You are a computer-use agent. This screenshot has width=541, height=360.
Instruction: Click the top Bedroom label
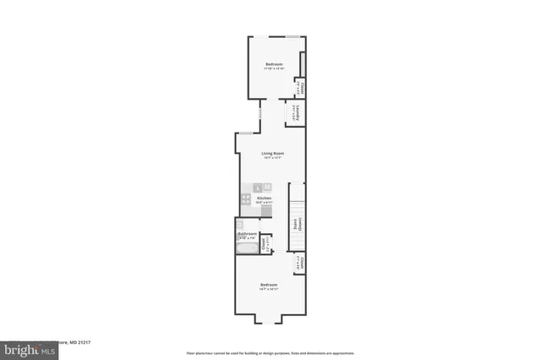(x=274, y=64)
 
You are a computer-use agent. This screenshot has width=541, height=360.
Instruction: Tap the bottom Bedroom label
(x=269, y=285)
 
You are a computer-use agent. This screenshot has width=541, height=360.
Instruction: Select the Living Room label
(x=271, y=153)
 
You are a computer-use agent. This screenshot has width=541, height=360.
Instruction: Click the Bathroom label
(x=247, y=233)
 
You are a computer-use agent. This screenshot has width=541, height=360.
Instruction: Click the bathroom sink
(x=239, y=226)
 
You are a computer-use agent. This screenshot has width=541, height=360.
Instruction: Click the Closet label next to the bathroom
(x=265, y=243)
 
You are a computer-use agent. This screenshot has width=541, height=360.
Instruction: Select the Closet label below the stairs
(x=298, y=264)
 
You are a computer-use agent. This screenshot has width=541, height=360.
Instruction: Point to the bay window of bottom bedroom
(x=269, y=322)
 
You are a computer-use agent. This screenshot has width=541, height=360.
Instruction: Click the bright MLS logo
(x=18, y=349)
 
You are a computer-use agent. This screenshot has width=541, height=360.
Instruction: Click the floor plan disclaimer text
(x=270, y=352)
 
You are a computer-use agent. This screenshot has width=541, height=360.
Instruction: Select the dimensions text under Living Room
(x=271, y=158)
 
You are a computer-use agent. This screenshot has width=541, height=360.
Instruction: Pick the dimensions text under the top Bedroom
(x=274, y=69)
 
